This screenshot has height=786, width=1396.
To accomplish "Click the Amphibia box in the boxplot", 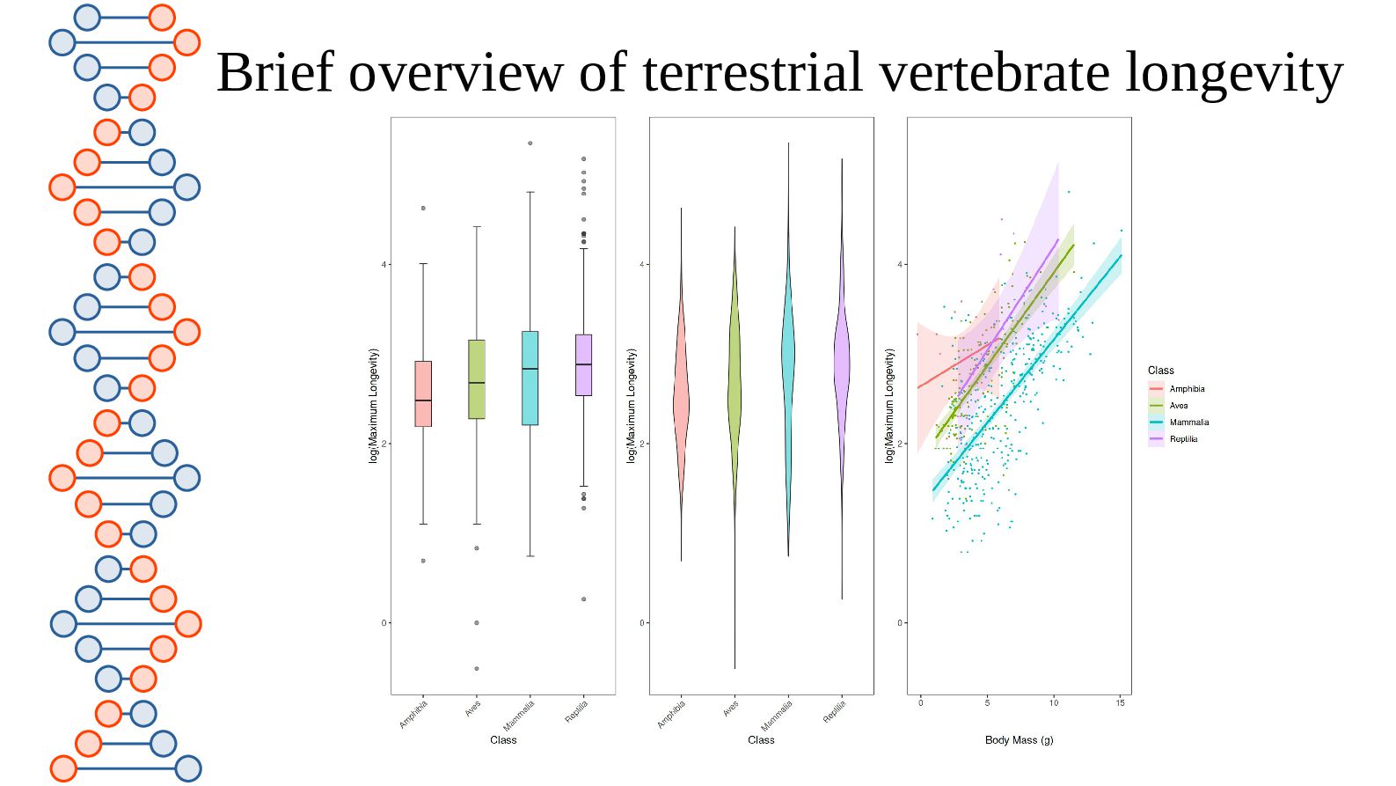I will tap(423, 393).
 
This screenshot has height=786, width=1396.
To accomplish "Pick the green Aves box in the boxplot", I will tap(477, 378).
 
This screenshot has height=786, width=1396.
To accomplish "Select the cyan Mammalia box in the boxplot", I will tap(530, 378).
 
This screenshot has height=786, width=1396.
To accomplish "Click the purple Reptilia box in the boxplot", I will tap(583, 364).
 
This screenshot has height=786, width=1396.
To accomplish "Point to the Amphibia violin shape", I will tap(681, 396).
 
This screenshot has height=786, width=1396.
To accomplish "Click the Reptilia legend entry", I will tap(1182, 439).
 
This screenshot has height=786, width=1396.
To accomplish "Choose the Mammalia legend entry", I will tap(1188, 422).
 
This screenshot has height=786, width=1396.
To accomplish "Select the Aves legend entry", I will tap(1178, 406).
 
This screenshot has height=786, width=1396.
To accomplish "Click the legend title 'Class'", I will tap(1160, 371).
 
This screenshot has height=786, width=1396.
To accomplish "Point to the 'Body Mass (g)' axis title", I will tap(1019, 740).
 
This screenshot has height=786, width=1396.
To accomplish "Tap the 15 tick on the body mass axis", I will tap(1120, 702).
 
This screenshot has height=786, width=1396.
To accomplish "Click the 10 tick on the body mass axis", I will tap(1054, 702).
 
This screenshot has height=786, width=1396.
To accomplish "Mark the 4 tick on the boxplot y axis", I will tap(384, 265).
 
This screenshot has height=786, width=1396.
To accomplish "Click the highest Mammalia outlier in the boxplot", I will tap(530, 143).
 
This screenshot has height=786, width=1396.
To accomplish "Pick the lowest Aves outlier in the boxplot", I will tap(477, 669).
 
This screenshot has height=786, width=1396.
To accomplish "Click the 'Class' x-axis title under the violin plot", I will tap(761, 740).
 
